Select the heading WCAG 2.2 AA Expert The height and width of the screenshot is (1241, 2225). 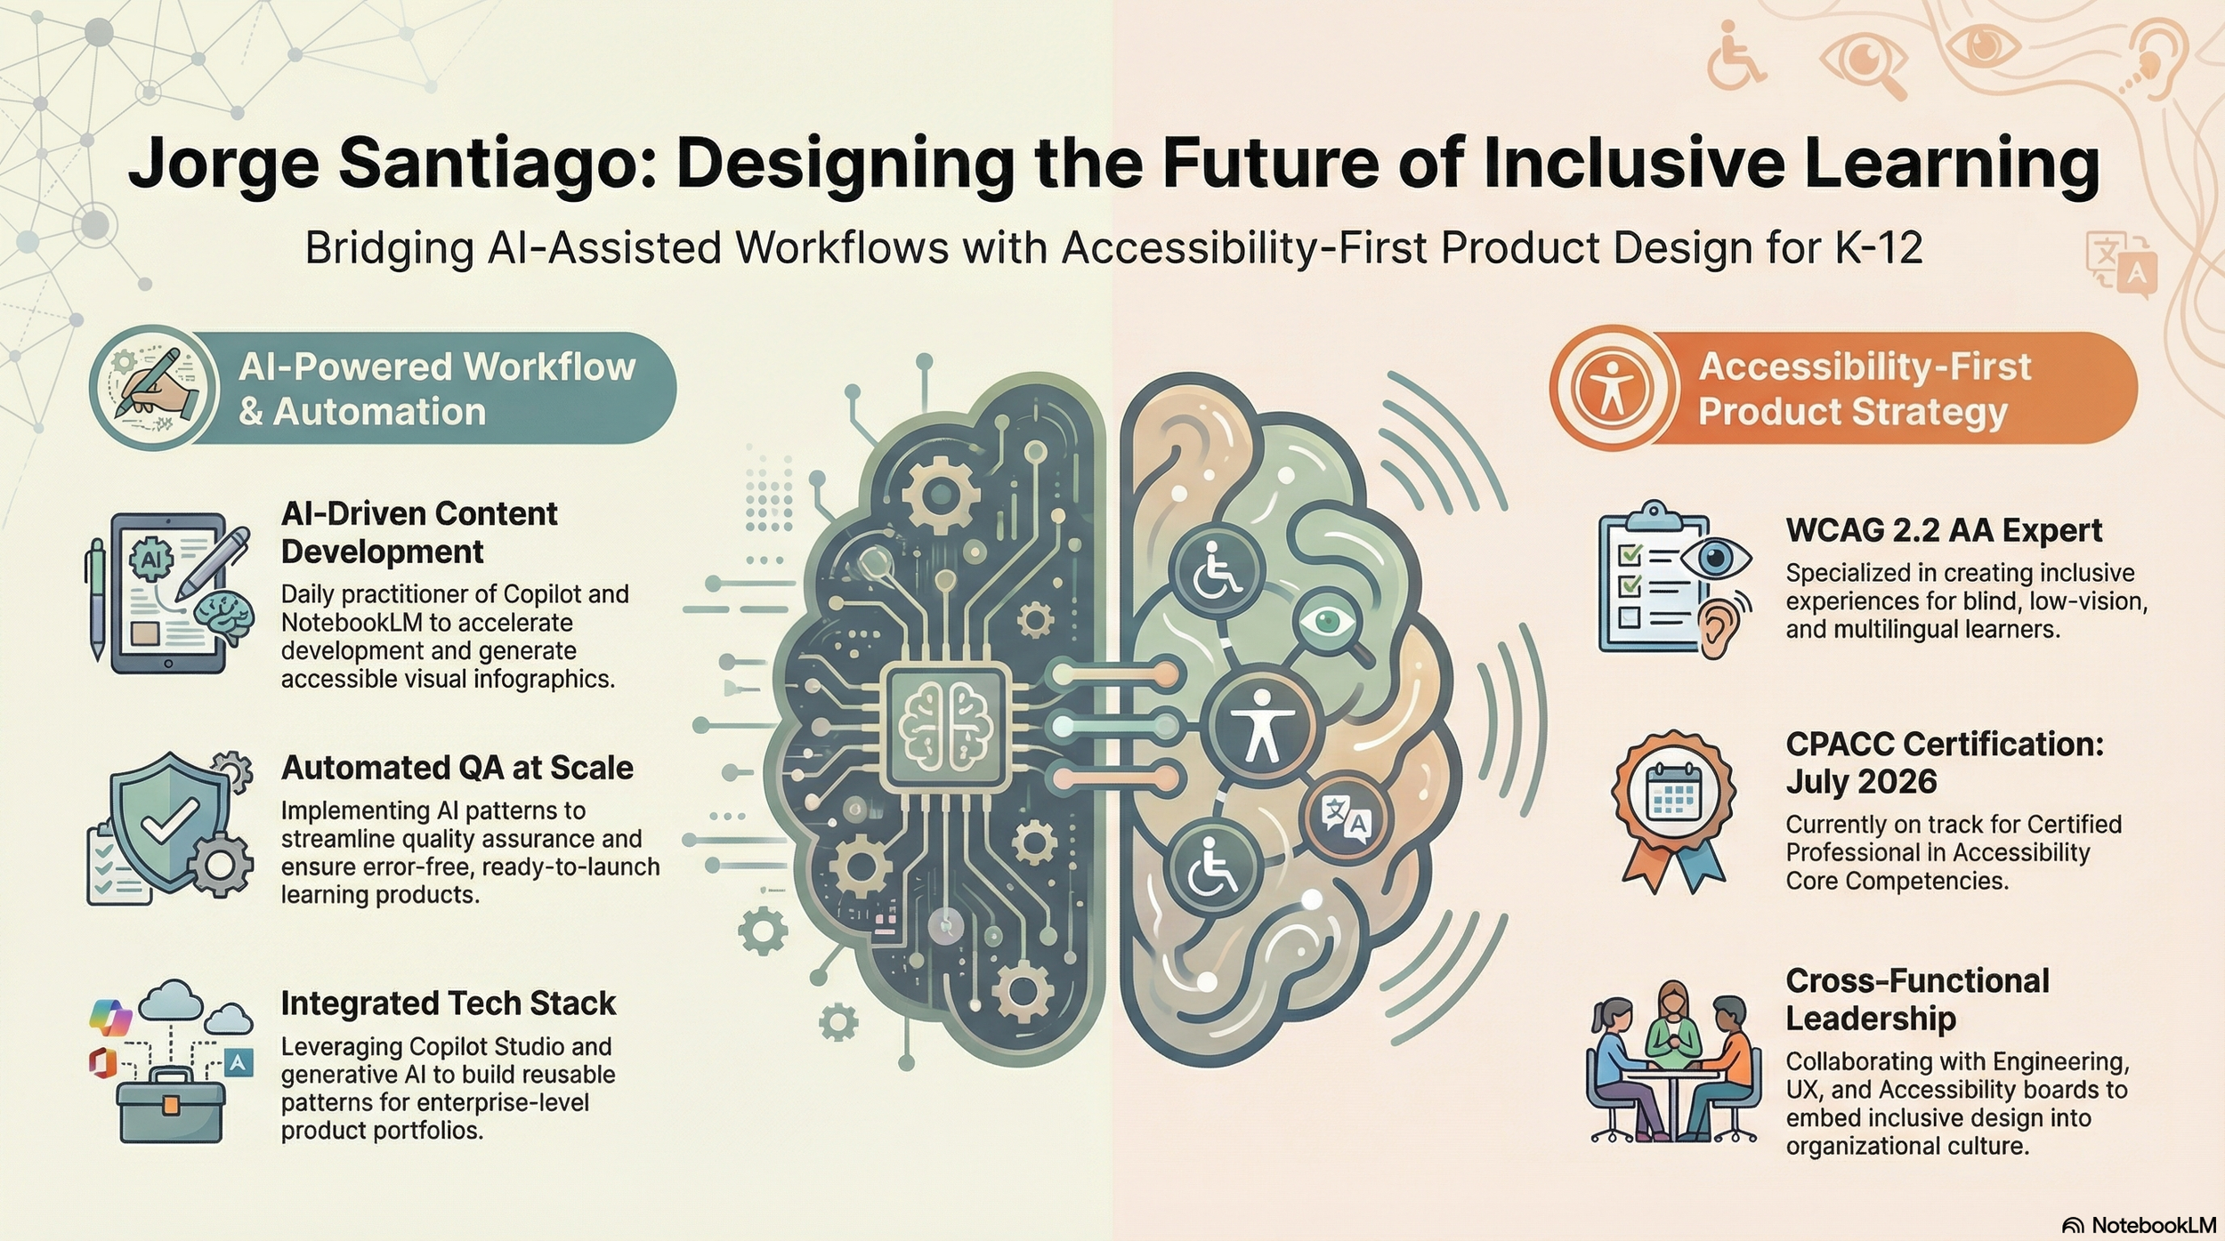1943,530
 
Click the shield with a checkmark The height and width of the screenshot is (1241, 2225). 167,823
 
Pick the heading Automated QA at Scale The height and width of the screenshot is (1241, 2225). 457,768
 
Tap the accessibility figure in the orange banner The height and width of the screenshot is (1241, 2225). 1612,389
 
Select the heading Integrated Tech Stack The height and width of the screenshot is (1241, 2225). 448,1003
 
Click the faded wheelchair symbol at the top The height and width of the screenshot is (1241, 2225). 1735,57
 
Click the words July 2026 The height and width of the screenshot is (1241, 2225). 1860,782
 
